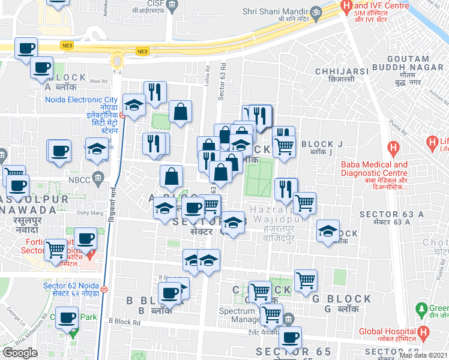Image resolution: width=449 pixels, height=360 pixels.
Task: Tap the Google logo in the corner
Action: pos(20,353)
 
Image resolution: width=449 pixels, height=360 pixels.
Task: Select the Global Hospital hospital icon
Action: pos(424,332)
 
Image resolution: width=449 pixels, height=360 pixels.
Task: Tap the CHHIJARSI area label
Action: pos(341,71)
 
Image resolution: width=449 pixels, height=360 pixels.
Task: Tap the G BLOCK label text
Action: pos(347,299)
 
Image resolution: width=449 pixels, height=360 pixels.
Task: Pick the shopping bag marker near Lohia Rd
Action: pos(181,110)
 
